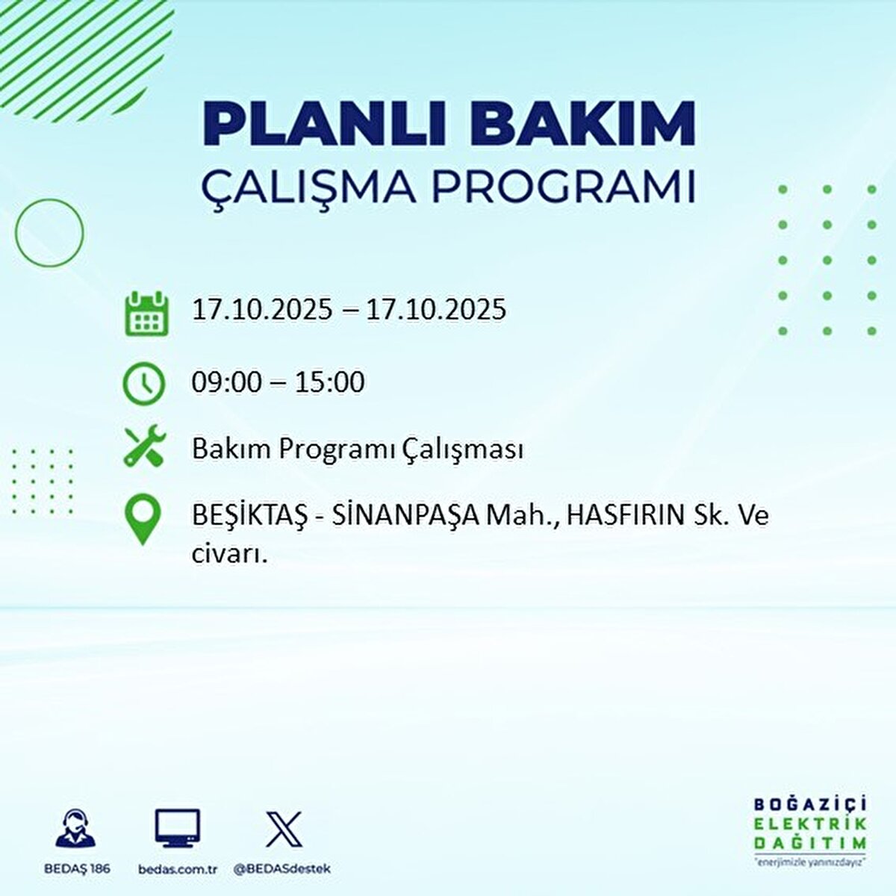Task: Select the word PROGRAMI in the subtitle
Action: click(x=564, y=187)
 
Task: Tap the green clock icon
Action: click(x=143, y=383)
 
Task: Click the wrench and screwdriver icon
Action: click(x=144, y=447)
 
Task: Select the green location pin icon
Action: click(x=143, y=520)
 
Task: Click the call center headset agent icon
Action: click(x=75, y=828)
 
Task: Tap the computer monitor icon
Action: click(x=177, y=828)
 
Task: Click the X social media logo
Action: click(x=284, y=828)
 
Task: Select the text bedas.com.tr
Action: click(x=178, y=869)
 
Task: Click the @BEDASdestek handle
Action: click(x=282, y=869)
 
